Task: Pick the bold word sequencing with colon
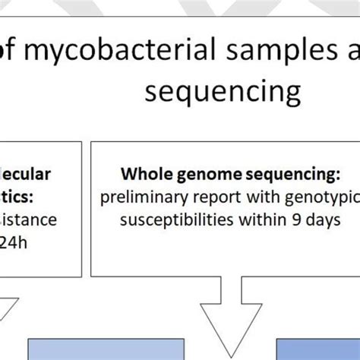point(295,175)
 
